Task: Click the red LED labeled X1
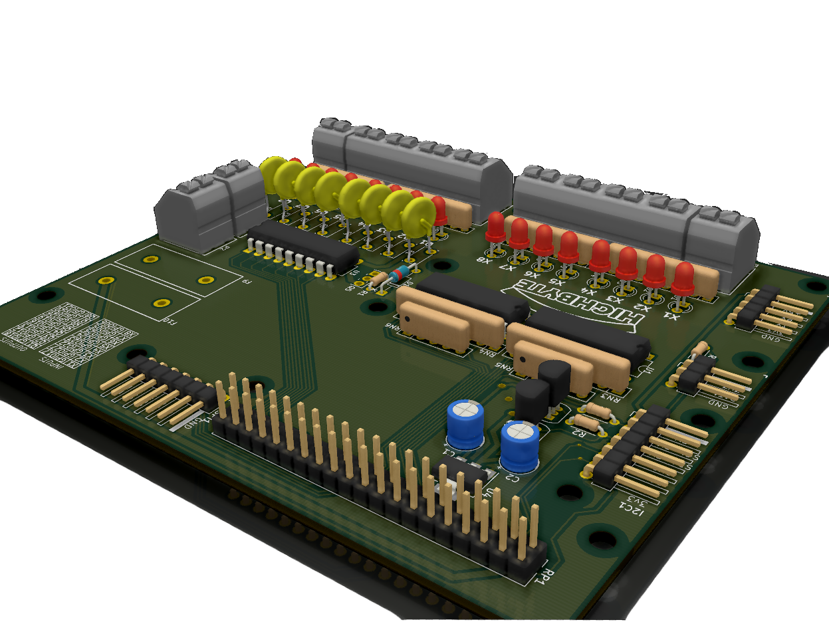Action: coord(682,278)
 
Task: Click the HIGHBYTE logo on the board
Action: coord(574,304)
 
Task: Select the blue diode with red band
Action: coord(401,273)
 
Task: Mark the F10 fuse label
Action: coord(171,323)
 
